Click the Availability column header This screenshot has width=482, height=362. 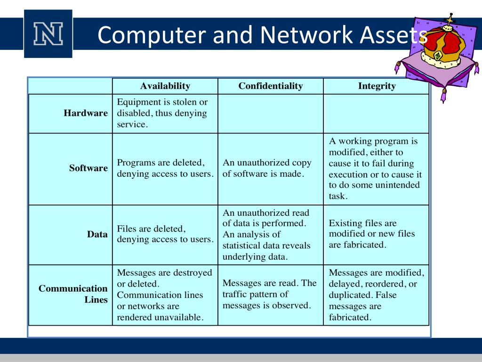click(165, 86)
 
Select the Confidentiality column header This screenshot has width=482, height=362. click(271, 86)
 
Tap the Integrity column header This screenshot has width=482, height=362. click(377, 86)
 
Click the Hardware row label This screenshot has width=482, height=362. click(86, 113)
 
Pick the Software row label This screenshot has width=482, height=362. click(88, 168)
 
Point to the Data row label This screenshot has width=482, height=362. click(97, 234)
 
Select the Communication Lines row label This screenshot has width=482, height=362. click(73, 294)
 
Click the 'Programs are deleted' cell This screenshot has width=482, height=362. click(165, 168)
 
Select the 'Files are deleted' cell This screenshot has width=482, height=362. click(165, 234)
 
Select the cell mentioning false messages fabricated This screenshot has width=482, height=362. click(376, 295)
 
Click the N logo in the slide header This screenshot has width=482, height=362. click(48, 34)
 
